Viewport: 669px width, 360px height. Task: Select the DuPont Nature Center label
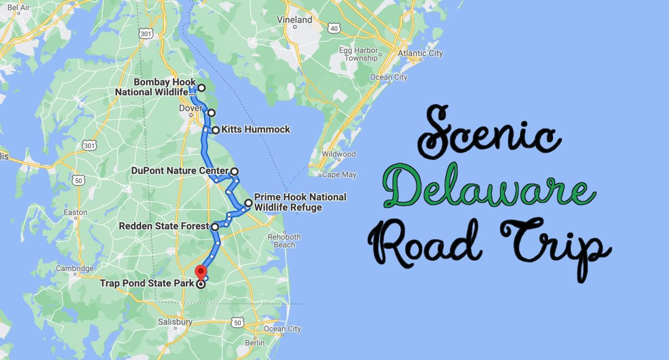pos(180,171)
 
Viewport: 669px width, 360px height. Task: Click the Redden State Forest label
pos(164,226)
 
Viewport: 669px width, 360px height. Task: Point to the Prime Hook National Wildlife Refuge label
pos(300,202)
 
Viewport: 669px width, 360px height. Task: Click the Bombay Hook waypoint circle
pos(201,88)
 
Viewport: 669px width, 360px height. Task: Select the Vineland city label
pos(294,20)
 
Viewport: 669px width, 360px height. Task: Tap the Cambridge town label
pos(75,269)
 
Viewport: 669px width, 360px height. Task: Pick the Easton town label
pos(76,212)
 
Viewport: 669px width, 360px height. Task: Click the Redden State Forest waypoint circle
pos(215,227)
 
